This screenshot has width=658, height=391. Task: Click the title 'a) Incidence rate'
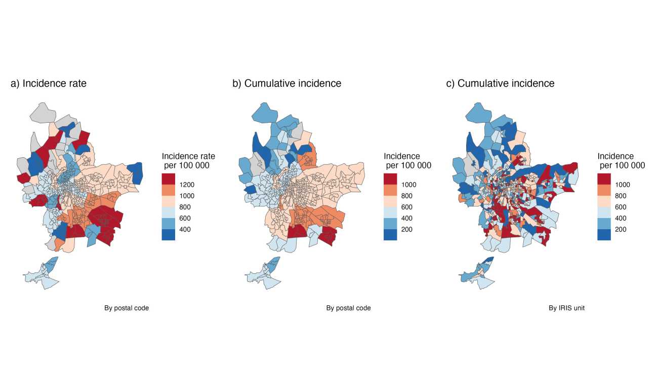[x=49, y=83]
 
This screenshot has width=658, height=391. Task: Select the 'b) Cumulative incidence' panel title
[x=286, y=83]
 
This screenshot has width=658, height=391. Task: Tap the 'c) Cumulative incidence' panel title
[x=500, y=83]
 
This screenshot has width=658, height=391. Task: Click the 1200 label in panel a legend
[x=187, y=185]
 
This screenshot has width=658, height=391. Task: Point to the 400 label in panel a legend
[x=185, y=229]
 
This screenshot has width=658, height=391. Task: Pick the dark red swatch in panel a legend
[x=168, y=179]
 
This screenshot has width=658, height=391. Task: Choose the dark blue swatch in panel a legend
[x=168, y=234]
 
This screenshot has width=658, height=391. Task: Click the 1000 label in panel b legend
[x=409, y=185]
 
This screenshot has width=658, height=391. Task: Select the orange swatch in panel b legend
[x=390, y=190]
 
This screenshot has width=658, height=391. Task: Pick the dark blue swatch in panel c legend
[x=604, y=234]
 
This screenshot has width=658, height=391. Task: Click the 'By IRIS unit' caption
[x=566, y=308]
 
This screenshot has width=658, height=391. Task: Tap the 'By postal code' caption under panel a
[x=127, y=308]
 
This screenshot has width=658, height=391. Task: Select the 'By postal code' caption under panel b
[x=348, y=308]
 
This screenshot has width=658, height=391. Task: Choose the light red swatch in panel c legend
[x=604, y=201]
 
